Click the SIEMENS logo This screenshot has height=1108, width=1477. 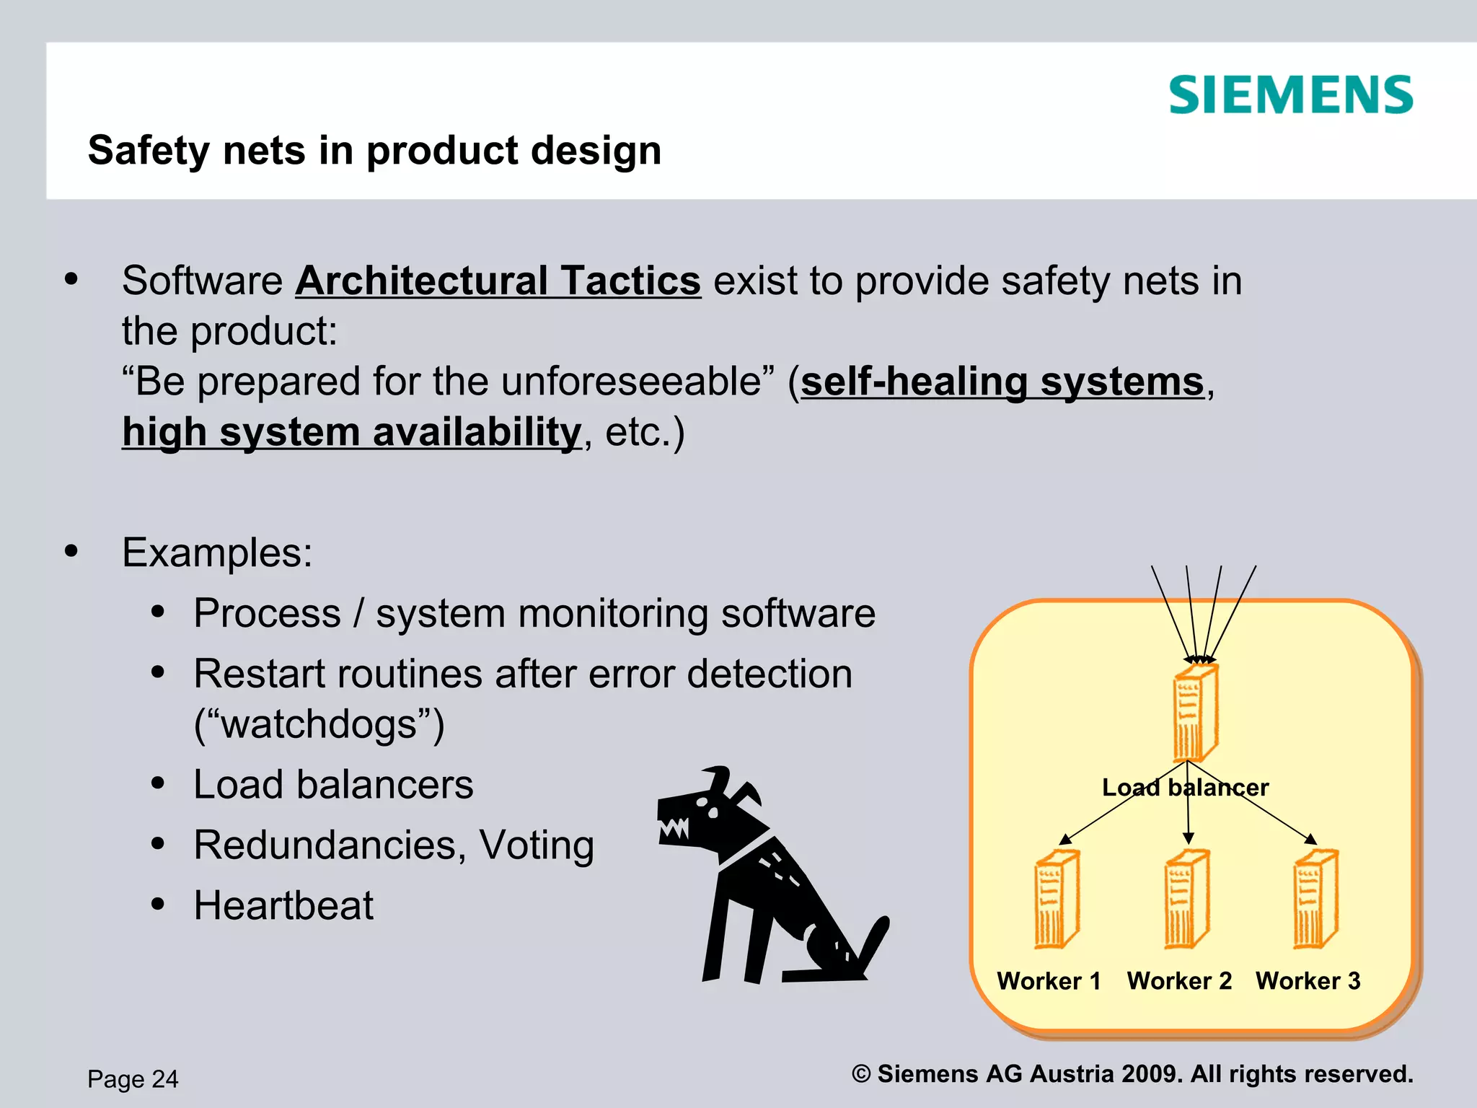click(x=1290, y=95)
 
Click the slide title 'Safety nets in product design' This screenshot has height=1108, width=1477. click(x=374, y=150)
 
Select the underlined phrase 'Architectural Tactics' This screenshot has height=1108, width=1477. click(x=498, y=281)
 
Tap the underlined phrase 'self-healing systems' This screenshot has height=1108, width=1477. click(x=1002, y=382)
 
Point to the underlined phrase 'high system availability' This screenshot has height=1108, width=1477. click(x=351, y=432)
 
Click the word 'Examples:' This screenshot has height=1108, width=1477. click(x=217, y=553)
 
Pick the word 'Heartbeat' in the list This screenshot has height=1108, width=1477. click(x=283, y=905)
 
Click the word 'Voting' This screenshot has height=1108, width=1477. click(x=537, y=845)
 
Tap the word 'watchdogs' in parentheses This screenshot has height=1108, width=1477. click(x=319, y=724)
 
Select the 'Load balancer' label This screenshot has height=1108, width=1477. click(x=1185, y=787)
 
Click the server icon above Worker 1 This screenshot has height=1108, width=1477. click(x=1057, y=899)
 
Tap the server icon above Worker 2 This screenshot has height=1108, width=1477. click(x=1186, y=899)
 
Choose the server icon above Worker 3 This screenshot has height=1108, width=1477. click(x=1315, y=899)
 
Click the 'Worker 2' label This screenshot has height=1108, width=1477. click(x=1179, y=981)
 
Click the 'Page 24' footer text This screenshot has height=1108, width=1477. click(x=133, y=1079)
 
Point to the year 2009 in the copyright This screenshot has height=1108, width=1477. click(x=1148, y=1074)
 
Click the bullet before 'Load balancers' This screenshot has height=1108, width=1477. click(x=158, y=784)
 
